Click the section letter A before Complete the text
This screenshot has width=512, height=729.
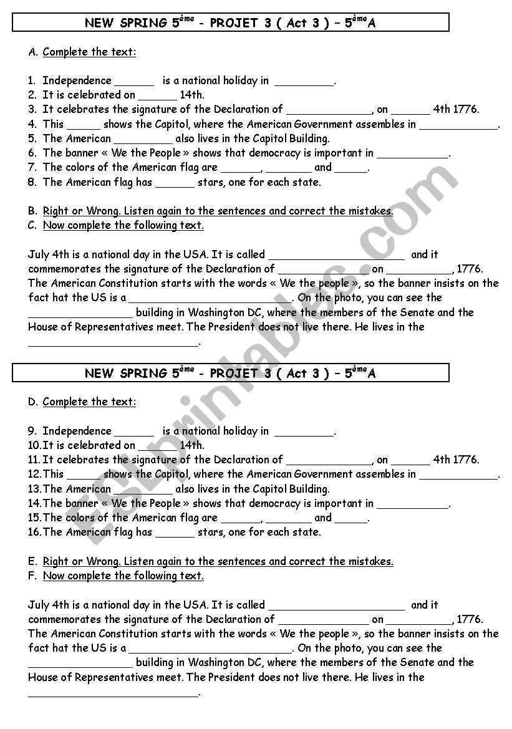pyautogui.click(x=32, y=52)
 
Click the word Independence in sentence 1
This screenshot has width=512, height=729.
pyautogui.click(x=77, y=80)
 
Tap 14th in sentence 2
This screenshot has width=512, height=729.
pyautogui.click(x=191, y=95)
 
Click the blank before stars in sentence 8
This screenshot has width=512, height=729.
pyautogui.click(x=175, y=183)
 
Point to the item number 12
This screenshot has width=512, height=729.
pyautogui.click(x=34, y=475)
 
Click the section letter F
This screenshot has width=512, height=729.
pyautogui.click(x=32, y=576)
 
